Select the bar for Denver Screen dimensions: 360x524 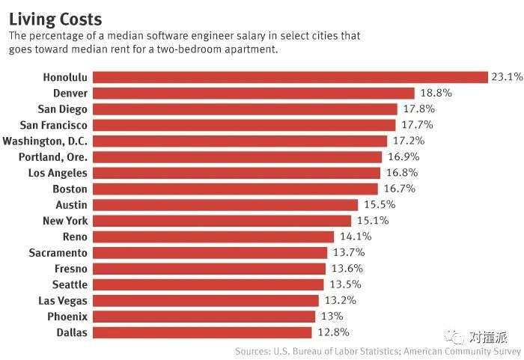coord(254,93)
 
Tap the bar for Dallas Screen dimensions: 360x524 coord(202,332)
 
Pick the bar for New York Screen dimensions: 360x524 coord(222,221)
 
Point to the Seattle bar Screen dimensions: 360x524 coord(208,284)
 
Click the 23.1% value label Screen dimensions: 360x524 coord(508,76)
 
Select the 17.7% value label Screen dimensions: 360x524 coord(415,125)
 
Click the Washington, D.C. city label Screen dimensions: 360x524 coord(45,141)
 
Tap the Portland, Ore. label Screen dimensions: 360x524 coord(53,157)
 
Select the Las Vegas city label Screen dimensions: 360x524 coord(62,301)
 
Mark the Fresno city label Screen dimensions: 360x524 coord(70,269)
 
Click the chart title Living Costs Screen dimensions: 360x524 coord(55,18)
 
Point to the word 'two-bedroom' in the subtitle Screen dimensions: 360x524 coord(195,49)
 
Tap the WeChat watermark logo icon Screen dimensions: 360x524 coord(451,337)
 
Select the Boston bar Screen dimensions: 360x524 coord(236,189)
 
